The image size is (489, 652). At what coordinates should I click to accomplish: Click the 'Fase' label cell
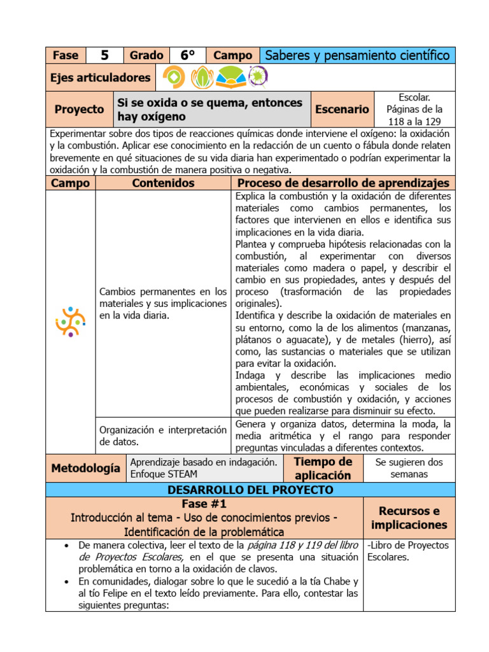click(65, 55)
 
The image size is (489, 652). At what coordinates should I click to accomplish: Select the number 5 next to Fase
click(104, 55)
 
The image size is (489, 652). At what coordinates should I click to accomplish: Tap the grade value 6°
click(187, 55)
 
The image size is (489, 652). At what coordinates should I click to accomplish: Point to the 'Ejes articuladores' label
click(101, 78)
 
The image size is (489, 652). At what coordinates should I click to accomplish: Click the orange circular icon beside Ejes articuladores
click(174, 77)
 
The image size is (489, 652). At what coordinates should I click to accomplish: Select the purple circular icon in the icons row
click(258, 76)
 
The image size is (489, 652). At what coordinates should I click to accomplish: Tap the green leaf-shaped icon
click(202, 77)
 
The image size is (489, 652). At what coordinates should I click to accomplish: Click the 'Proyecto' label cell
click(79, 109)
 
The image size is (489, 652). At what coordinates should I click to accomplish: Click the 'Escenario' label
click(342, 109)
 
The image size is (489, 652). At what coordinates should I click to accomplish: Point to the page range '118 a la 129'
click(415, 120)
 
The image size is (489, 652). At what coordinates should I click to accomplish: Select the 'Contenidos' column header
click(163, 183)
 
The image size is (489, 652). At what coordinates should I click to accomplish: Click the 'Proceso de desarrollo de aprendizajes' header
click(343, 183)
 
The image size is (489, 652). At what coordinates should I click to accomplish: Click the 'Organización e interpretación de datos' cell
click(163, 436)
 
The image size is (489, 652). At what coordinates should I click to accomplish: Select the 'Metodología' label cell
click(85, 468)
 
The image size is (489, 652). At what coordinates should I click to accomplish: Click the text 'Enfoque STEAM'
click(164, 474)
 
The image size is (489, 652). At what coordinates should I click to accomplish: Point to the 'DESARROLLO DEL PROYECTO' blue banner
click(250, 490)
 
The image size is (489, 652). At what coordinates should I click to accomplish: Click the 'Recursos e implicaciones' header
click(409, 518)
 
